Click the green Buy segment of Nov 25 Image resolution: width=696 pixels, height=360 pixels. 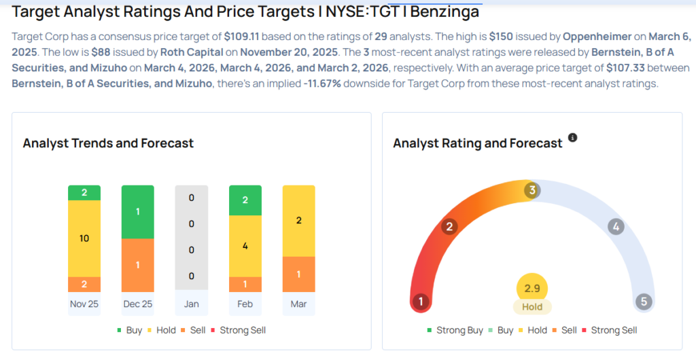pyautogui.click(x=84, y=193)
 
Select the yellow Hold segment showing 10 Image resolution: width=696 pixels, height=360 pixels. pyautogui.click(x=84, y=238)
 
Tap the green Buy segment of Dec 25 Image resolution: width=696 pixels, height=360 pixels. pyautogui.click(x=138, y=211)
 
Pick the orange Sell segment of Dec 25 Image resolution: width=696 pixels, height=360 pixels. pyautogui.click(x=138, y=264)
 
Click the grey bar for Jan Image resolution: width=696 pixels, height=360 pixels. pyautogui.click(x=192, y=238)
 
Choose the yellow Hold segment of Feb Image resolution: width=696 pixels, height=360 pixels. pyautogui.click(x=245, y=245)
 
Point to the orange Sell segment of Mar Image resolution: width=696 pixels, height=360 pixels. pyautogui.click(x=298, y=274)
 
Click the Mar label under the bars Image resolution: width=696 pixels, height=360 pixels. pyautogui.click(x=298, y=304)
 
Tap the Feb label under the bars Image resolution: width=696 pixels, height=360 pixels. pyautogui.click(x=245, y=304)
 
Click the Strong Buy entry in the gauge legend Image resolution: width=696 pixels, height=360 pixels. pyautogui.click(x=454, y=330)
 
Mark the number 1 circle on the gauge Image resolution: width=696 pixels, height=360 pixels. pyautogui.click(x=421, y=301)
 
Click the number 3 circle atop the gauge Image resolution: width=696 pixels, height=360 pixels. pyautogui.click(x=532, y=190)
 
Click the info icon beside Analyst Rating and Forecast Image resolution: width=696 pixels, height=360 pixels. pyautogui.click(x=572, y=138)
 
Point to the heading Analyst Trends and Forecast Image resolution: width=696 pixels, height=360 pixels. pyautogui.click(x=108, y=143)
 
